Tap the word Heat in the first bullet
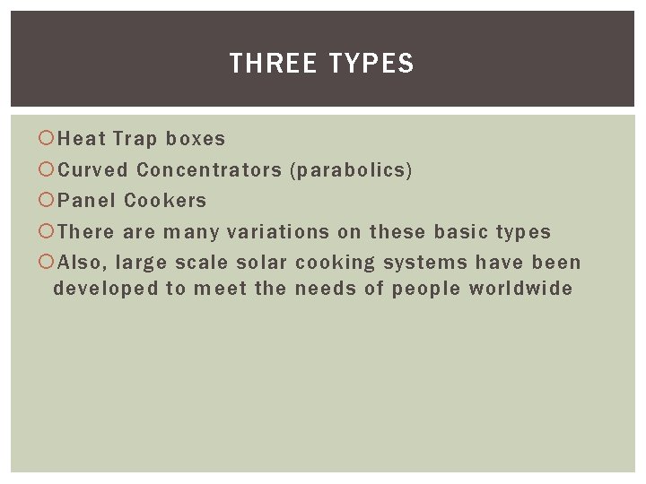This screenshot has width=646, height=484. (82, 139)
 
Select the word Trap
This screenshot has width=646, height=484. (135, 139)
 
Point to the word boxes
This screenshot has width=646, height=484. (196, 139)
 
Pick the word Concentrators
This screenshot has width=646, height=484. (208, 169)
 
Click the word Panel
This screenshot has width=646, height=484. (87, 201)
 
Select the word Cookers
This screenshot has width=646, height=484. (165, 201)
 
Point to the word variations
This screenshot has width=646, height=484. (278, 232)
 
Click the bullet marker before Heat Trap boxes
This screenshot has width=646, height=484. (47, 139)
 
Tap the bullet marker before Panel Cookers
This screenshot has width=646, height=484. (47, 201)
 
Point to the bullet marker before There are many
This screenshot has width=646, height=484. (47, 232)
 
